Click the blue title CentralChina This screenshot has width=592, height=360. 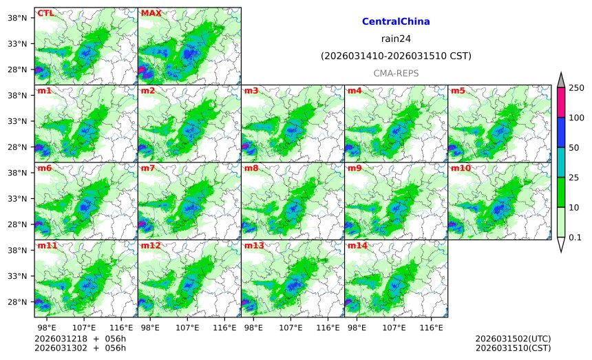396,21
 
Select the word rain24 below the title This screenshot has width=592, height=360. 396,39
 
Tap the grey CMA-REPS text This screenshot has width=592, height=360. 396,73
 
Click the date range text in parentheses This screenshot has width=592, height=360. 396,56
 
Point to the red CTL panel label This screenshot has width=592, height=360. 45,13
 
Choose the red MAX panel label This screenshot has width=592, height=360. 151,13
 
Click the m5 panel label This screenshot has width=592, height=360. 457,91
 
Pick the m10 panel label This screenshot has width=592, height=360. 460,168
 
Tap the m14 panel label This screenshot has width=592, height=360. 357,246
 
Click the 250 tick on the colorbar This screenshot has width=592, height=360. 575,87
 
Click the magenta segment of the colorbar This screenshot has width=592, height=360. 560,102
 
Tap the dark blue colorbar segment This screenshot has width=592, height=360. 560,132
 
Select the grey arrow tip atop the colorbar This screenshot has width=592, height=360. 560,80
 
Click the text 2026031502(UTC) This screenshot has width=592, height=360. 513,339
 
